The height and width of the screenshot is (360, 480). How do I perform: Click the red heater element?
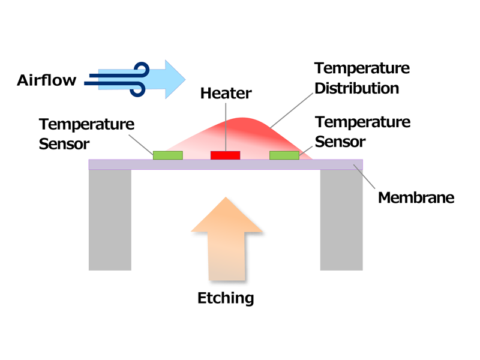(x=225, y=155)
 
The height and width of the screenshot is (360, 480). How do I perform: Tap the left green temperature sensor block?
(x=168, y=155)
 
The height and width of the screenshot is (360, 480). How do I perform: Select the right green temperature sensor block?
(x=284, y=155)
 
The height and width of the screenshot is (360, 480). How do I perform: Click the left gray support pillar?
(x=110, y=220)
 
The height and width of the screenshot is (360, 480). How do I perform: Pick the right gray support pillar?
(x=341, y=220)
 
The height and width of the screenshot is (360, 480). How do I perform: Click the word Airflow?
(x=47, y=80)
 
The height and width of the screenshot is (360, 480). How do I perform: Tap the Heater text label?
(x=226, y=94)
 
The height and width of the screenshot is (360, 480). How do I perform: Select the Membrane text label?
(x=416, y=197)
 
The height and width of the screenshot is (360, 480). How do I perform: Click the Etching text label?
(x=226, y=298)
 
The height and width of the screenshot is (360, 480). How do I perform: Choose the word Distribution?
(x=356, y=88)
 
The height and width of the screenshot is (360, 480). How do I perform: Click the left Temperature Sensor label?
(x=86, y=134)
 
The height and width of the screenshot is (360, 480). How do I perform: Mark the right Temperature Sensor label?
(x=362, y=131)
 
